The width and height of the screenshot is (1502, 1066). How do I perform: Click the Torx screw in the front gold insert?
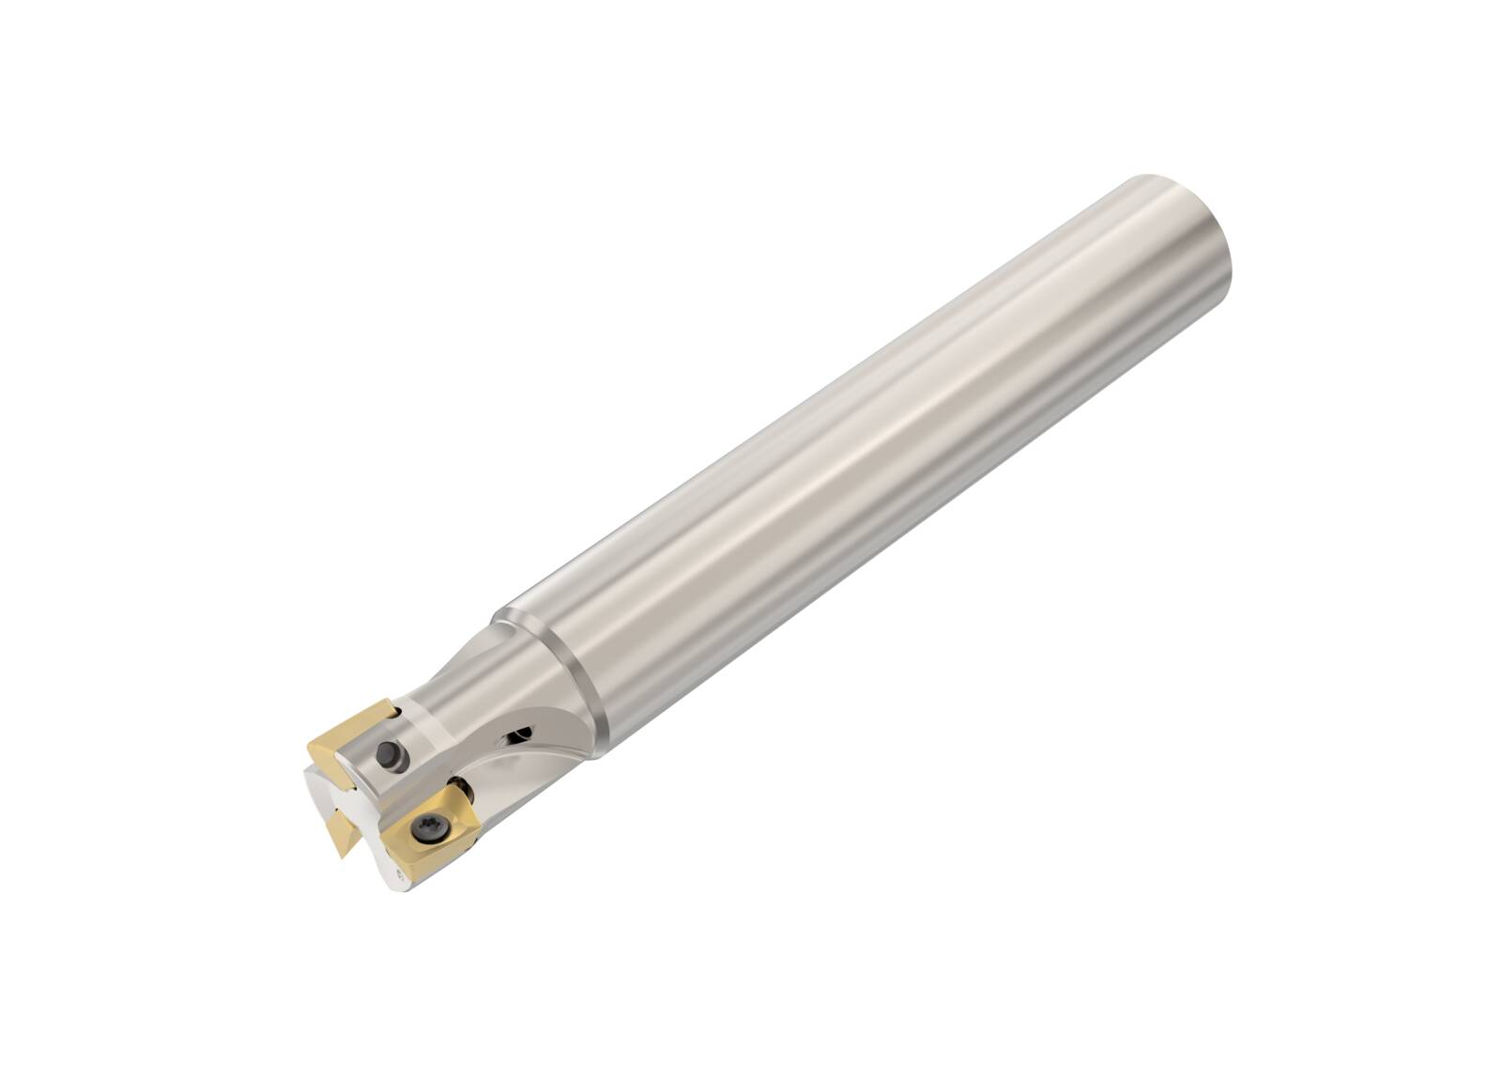click(419, 829)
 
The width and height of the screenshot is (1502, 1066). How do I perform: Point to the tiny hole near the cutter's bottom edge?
click(399, 875)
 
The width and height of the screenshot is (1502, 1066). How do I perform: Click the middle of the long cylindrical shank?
click(845, 470)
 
